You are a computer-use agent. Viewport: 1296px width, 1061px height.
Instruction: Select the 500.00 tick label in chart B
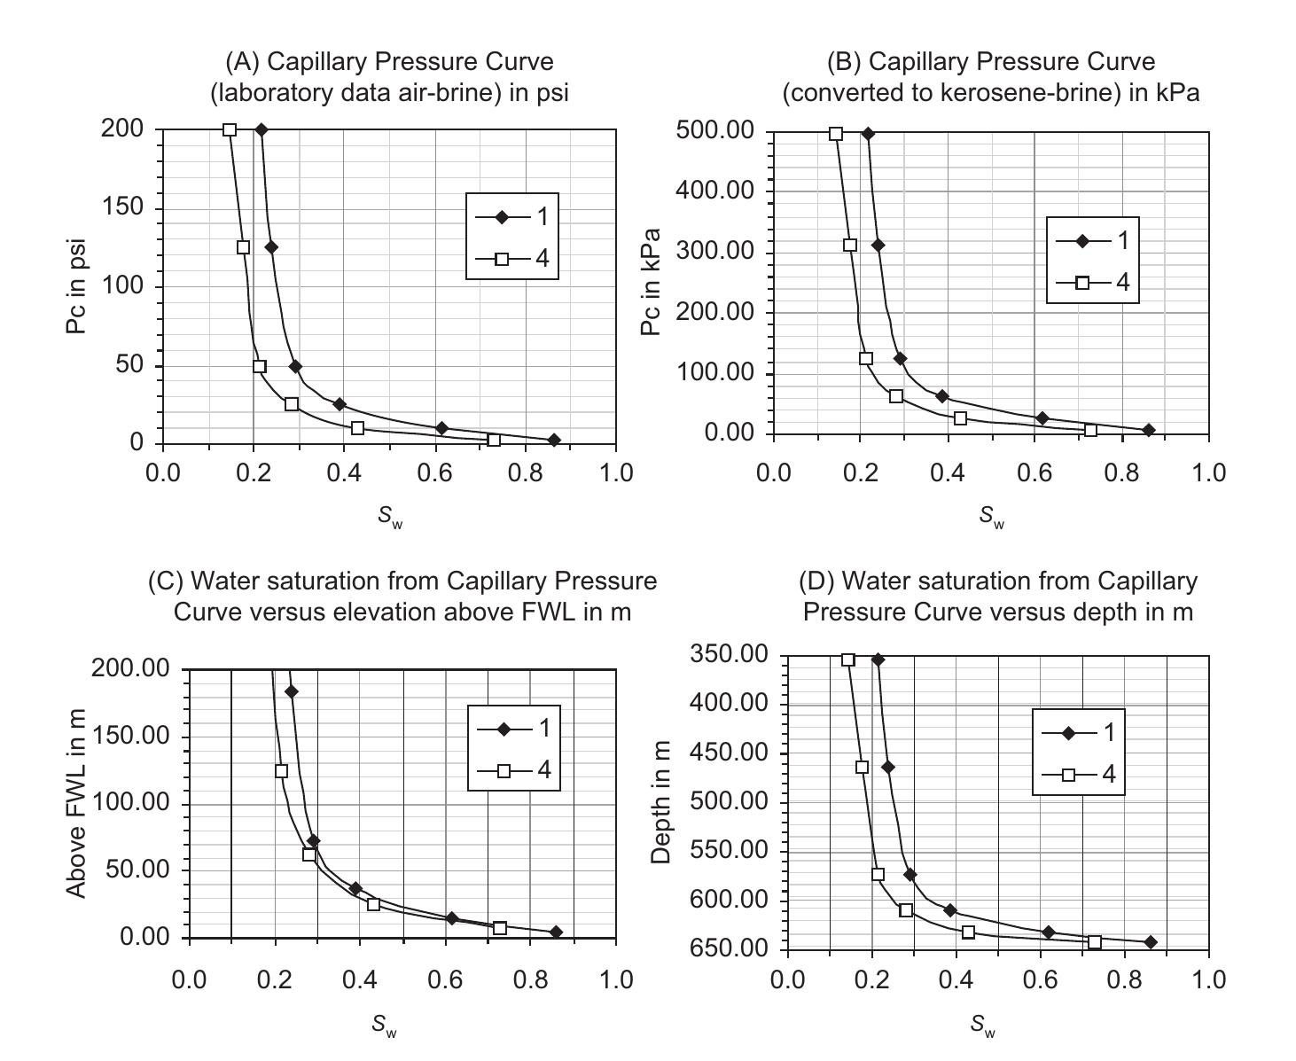pos(716,131)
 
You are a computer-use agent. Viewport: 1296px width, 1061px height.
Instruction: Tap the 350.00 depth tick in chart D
pos(729,655)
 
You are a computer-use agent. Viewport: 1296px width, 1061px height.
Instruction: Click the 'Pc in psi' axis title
pos(76,285)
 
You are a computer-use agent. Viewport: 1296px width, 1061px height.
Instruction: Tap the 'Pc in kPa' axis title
pos(652,283)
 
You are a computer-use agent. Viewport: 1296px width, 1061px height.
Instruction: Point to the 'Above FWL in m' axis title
pos(77,803)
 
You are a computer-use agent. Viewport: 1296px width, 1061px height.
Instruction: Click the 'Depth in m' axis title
pos(660,803)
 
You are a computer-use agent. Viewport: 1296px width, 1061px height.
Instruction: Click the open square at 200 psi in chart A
pos(230,129)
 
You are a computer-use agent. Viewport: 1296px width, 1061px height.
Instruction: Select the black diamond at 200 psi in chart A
pos(262,129)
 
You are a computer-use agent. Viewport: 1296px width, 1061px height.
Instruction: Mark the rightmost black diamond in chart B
pos(1149,430)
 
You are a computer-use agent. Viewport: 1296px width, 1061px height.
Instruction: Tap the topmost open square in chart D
pos(848,659)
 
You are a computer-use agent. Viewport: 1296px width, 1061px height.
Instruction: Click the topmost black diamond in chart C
pos(291,691)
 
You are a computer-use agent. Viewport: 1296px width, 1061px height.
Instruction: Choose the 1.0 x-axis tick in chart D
pos(1207,979)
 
